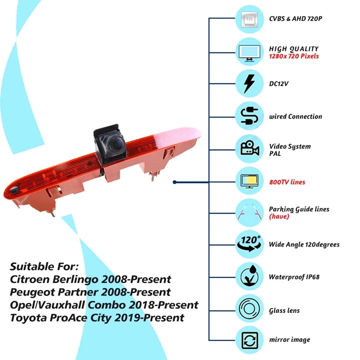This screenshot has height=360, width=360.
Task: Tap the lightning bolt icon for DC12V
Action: pyautogui.click(x=248, y=83)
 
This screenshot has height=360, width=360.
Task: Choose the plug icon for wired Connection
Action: pyautogui.click(x=248, y=116)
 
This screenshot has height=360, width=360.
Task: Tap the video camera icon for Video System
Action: pyautogui.click(x=248, y=149)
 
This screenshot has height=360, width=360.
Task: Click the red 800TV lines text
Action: pyautogui.click(x=287, y=182)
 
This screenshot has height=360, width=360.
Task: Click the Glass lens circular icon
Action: pyautogui.click(x=248, y=310)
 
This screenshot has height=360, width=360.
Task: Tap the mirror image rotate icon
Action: pyautogui.click(x=248, y=339)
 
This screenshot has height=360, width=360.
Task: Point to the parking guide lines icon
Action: pyautogui.click(x=248, y=211)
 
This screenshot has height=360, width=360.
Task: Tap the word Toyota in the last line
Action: pyautogui.click(x=27, y=318)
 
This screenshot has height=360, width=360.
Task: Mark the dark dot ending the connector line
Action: pyautogui.click(x=175, y=182)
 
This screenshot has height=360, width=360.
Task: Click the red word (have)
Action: pyautogui.click(x=279, y=216)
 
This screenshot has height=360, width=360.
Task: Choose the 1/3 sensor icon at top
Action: pyautogui.click(x=248, y=20)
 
